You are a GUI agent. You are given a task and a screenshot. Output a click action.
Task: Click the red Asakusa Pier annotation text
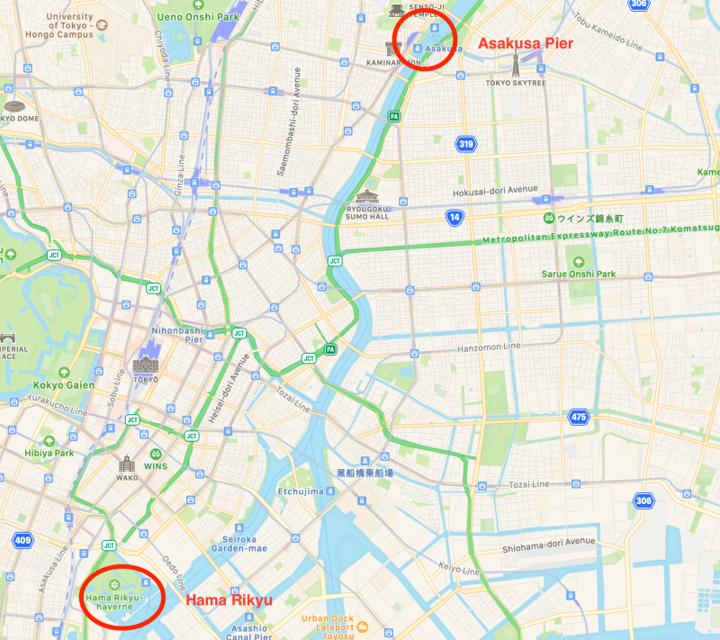[x=525, y=42]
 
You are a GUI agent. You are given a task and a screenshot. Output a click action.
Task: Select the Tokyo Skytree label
[x=516, y=83]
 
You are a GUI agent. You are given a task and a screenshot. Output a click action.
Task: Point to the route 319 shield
[x=465, y=143]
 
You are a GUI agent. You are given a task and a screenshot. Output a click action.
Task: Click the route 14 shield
[x=454, y=217]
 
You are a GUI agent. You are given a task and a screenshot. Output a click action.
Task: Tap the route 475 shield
[x=579, y=417]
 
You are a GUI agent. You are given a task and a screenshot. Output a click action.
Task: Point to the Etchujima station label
[x=301, y=491]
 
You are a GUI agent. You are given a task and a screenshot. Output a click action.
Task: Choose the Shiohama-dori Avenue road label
[x=549, y=542]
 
